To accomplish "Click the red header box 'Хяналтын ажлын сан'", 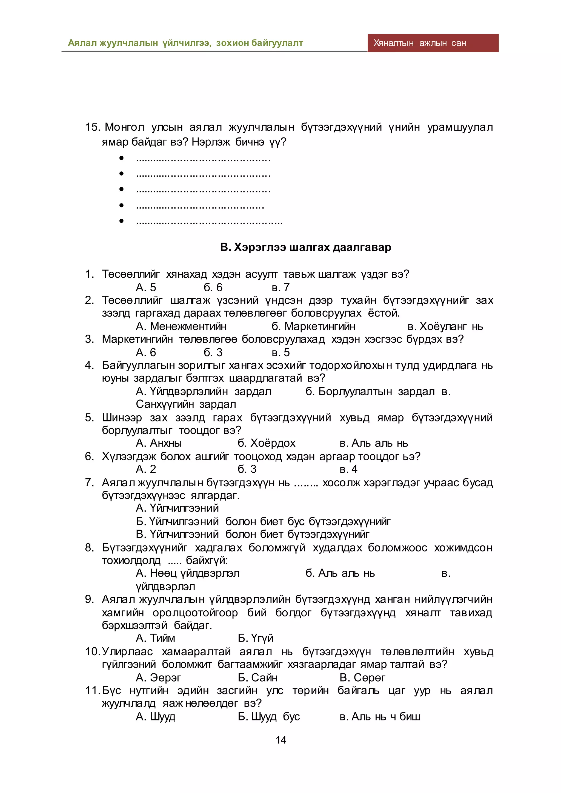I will [433, 43].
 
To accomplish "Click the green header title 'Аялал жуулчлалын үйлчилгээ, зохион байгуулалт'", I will [185, 43].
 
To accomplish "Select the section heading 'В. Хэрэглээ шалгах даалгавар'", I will [306, 247].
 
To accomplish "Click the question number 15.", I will [92, 127].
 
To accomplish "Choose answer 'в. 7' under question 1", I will [280, 287].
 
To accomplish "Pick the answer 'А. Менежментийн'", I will [181, 326].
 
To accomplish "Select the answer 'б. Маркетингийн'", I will [313, 326].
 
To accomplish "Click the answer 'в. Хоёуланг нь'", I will [445, 326].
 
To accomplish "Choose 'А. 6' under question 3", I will [146, 352].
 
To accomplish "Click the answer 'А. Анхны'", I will [159, 443].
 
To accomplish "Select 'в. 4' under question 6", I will [348, 469].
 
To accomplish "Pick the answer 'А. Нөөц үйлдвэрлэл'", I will [188, 573].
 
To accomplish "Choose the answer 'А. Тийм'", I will [155, 638].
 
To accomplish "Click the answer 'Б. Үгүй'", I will [255, 638].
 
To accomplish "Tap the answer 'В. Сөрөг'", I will [362, 678].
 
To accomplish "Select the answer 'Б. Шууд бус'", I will [269, 717].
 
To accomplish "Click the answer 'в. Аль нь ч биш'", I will [380, 717].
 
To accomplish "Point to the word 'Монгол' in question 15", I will [124, 127].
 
